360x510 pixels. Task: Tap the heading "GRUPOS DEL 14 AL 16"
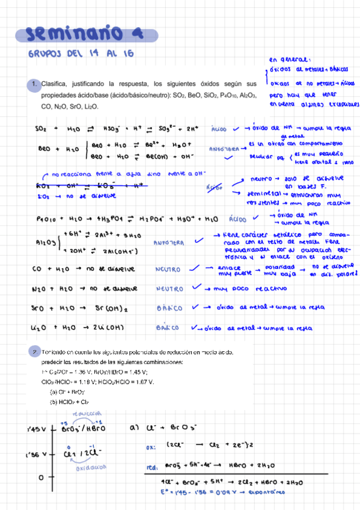(80, 55)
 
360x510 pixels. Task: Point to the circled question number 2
(35, 351)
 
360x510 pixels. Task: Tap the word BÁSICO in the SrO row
(169, 309)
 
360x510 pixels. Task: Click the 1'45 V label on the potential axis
(37, 429)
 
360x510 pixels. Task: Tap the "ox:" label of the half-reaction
(151, 447)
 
